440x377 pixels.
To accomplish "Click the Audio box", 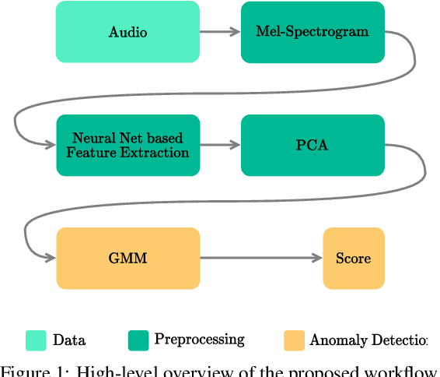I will click(127, 32).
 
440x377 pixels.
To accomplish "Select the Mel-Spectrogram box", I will click(313, 32).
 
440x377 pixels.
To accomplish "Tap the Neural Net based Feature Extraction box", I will click(127, 145).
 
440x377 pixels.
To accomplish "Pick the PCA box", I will click(313, 145).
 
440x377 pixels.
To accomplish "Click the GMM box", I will click(127, 258).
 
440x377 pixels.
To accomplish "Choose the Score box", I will click(354, 258).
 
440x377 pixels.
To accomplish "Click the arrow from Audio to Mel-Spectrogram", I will click(220, 32).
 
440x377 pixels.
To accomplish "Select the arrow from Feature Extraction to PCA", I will click(220, 145).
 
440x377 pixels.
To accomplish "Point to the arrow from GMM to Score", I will click(261, 258).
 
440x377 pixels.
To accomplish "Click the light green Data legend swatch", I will click(35, 340).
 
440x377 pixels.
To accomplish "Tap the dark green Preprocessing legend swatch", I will click(138, 340).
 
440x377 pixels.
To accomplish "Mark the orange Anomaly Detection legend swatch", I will click(294, 340).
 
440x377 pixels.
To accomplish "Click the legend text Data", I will click(68, 340).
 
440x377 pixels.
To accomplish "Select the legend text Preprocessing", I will click(199, 340).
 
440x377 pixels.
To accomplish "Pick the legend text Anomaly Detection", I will click(368, 340).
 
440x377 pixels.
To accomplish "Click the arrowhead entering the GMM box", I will click(51, 258).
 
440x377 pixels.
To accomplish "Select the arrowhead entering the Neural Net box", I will click(51, 145).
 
